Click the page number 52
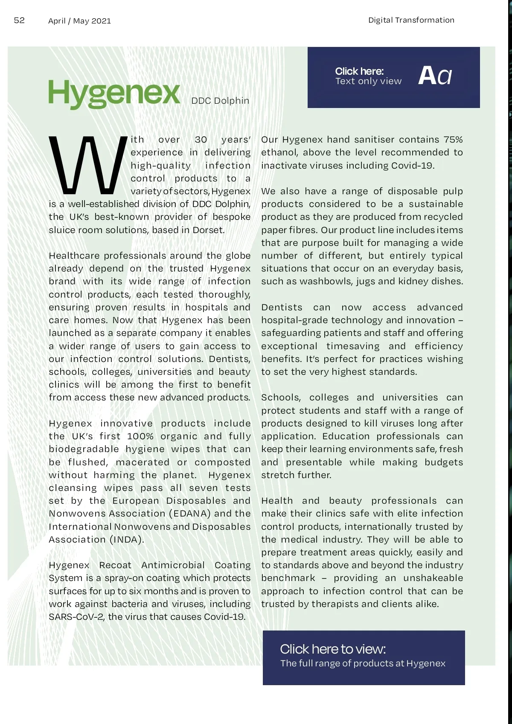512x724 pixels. pyautogui.click(x=19, y=20)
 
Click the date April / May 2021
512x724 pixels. pyautogui.click(x=79, y=21)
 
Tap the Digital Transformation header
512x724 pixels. pyautogui.click(x=411, y=20)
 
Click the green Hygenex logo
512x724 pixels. pyautogui.click(x=114, y=93)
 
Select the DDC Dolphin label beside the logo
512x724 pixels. pyautogui.click(x=220, y=101)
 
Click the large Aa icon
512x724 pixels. pyautogui.click(x=434, y=76)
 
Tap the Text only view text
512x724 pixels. pyautogui.click(x=368, y=81)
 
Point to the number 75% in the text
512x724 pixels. pyautogui.click(x=453, y=140)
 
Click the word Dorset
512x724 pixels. pyautogui.click(x=208, y=230)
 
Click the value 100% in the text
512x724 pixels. pyautogui.click(x=140, y=436)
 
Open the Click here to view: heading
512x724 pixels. pyautogui.click(x=333, y=649)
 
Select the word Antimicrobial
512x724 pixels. pyautogui.click(x=173, y=565)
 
